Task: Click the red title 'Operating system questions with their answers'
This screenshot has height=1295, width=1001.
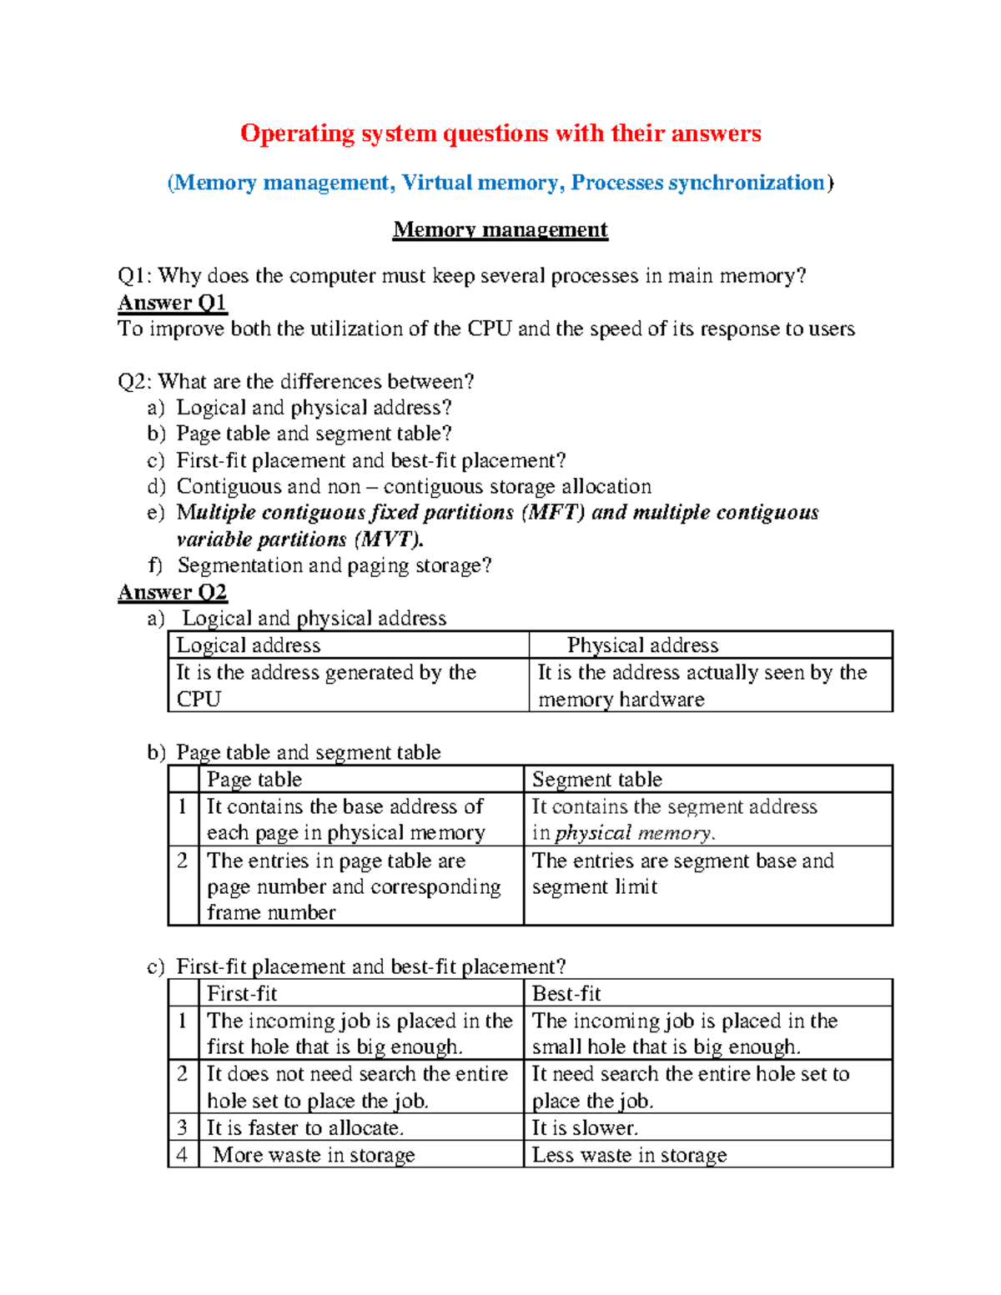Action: [500, 133]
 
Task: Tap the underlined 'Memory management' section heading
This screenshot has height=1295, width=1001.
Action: [500, 229]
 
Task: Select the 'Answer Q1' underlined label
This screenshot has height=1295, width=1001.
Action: [172, 303]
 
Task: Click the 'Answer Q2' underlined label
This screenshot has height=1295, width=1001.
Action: [172, 592]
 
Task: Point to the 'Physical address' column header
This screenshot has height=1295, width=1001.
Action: [642, 645]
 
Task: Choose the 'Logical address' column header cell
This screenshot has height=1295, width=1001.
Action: [249, 645]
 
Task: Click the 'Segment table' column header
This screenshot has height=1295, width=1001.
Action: [597, 780]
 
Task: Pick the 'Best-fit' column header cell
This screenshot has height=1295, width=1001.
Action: [566, 994]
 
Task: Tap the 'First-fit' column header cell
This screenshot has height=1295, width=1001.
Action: [242, 994]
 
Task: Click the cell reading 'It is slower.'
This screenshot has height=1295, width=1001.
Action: [585, 1128]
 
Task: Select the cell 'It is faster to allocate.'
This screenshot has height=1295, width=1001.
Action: [305, 1128]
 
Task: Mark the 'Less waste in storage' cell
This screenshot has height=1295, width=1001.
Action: [629, 1155]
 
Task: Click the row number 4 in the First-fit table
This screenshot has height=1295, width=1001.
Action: [183, 1155]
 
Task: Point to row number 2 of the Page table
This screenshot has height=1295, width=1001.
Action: [183, 861]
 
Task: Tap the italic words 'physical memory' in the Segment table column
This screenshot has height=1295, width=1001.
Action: [634, 833]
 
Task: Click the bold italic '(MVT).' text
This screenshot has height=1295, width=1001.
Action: [389, 540]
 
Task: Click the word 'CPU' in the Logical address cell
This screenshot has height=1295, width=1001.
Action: [199, 700]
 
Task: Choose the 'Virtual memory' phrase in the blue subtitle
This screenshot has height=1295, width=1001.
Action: [480, 183]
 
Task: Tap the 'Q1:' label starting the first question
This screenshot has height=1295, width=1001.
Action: [134, 276]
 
